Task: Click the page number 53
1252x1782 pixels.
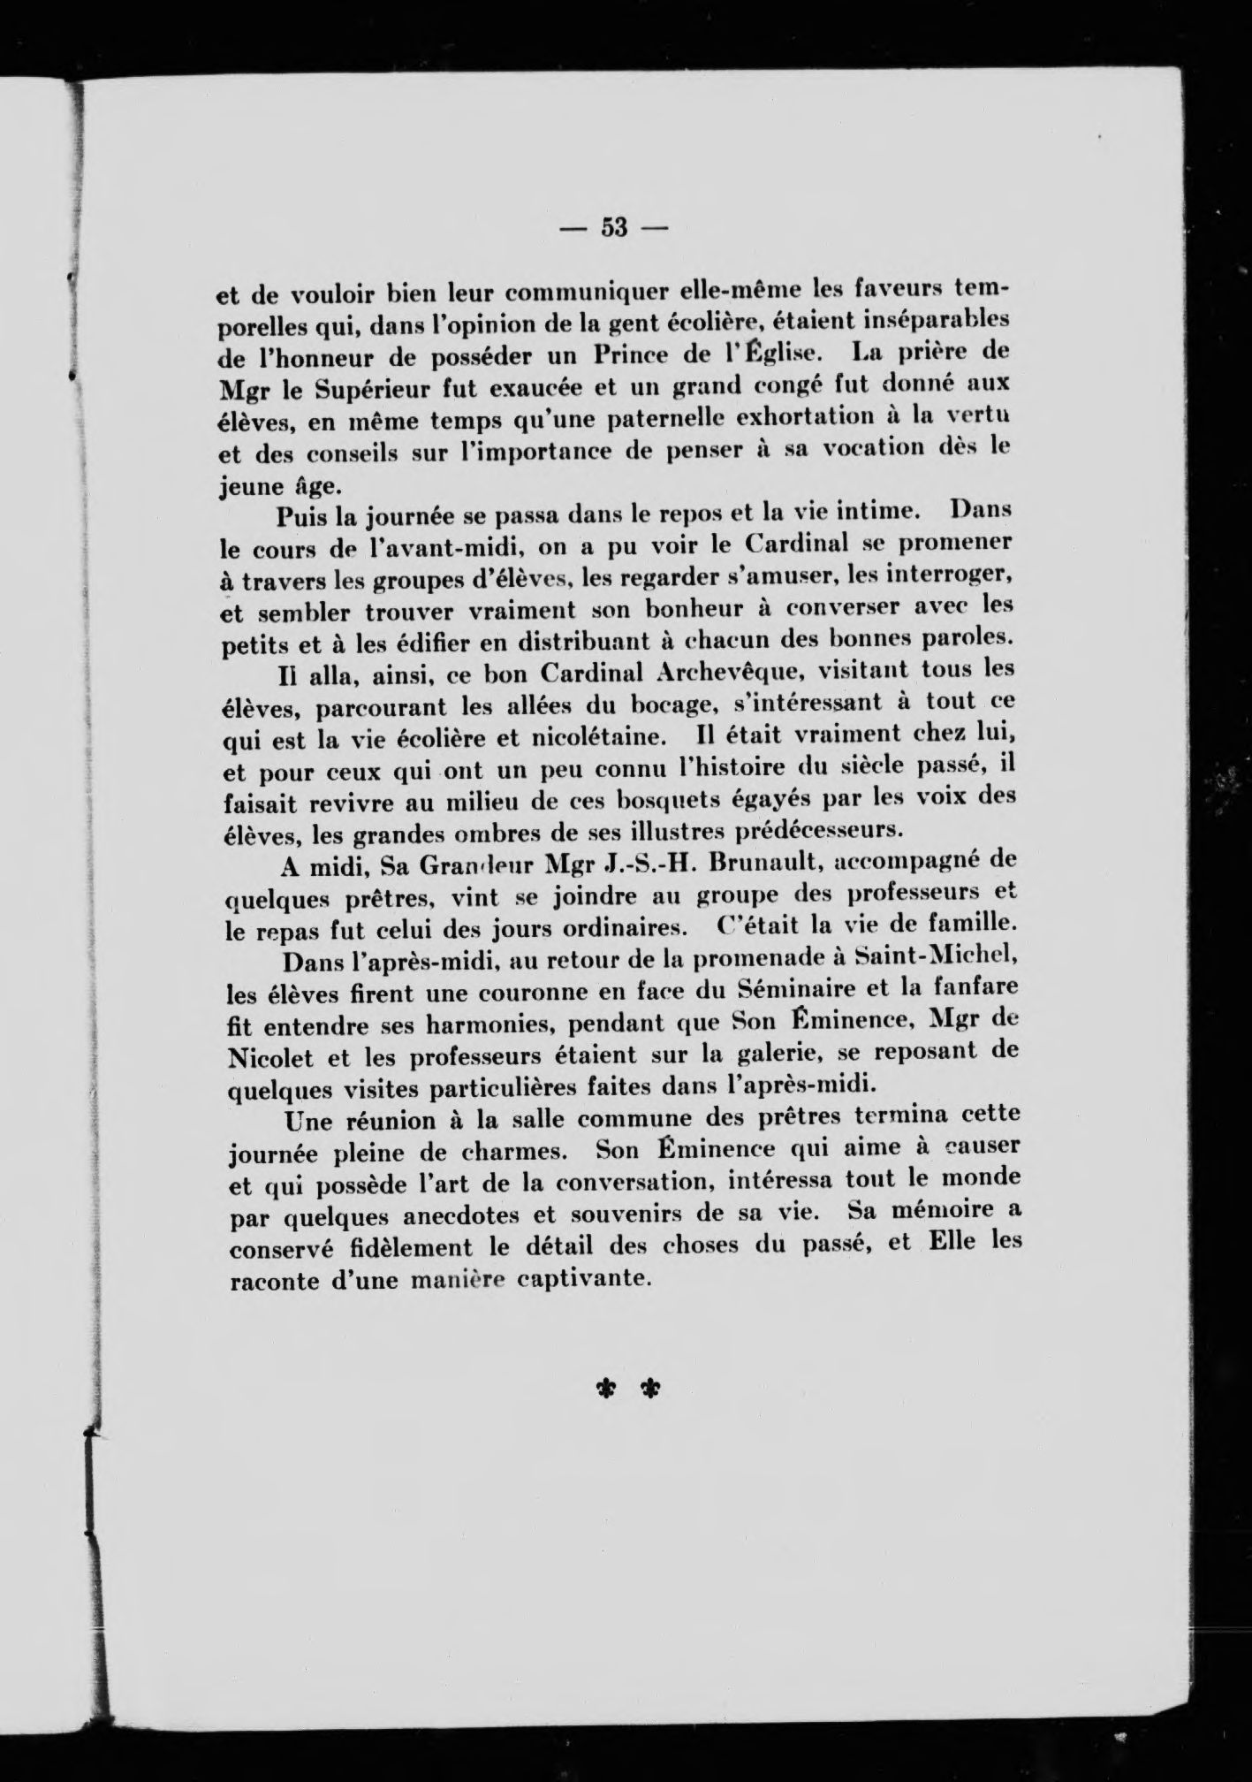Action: [x=613, y=228]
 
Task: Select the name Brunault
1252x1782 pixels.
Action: [x=762, y=864]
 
